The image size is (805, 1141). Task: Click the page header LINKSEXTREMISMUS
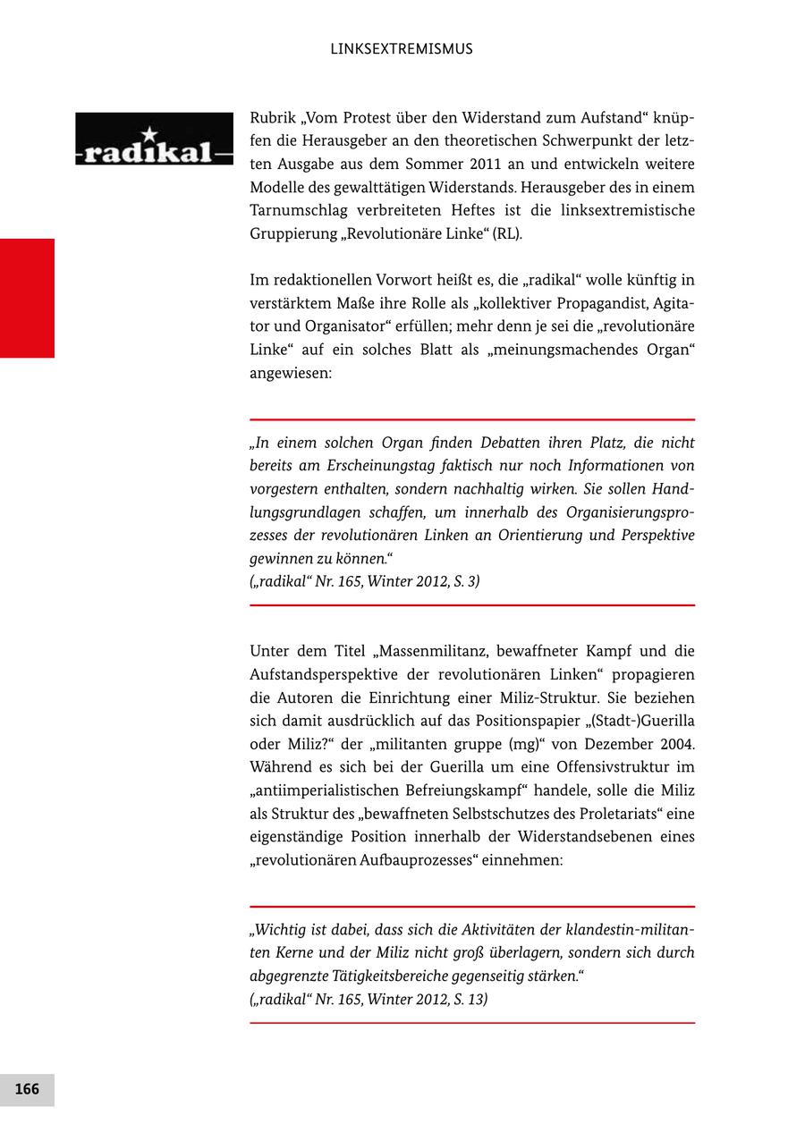click(402, 49)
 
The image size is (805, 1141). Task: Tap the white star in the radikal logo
click(148, 133)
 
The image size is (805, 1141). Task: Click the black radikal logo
click(154, 139)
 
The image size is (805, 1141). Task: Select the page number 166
click(27, 1089)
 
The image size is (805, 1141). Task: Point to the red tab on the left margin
click(27, 298)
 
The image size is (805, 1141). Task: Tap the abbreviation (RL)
click(505, 234)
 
